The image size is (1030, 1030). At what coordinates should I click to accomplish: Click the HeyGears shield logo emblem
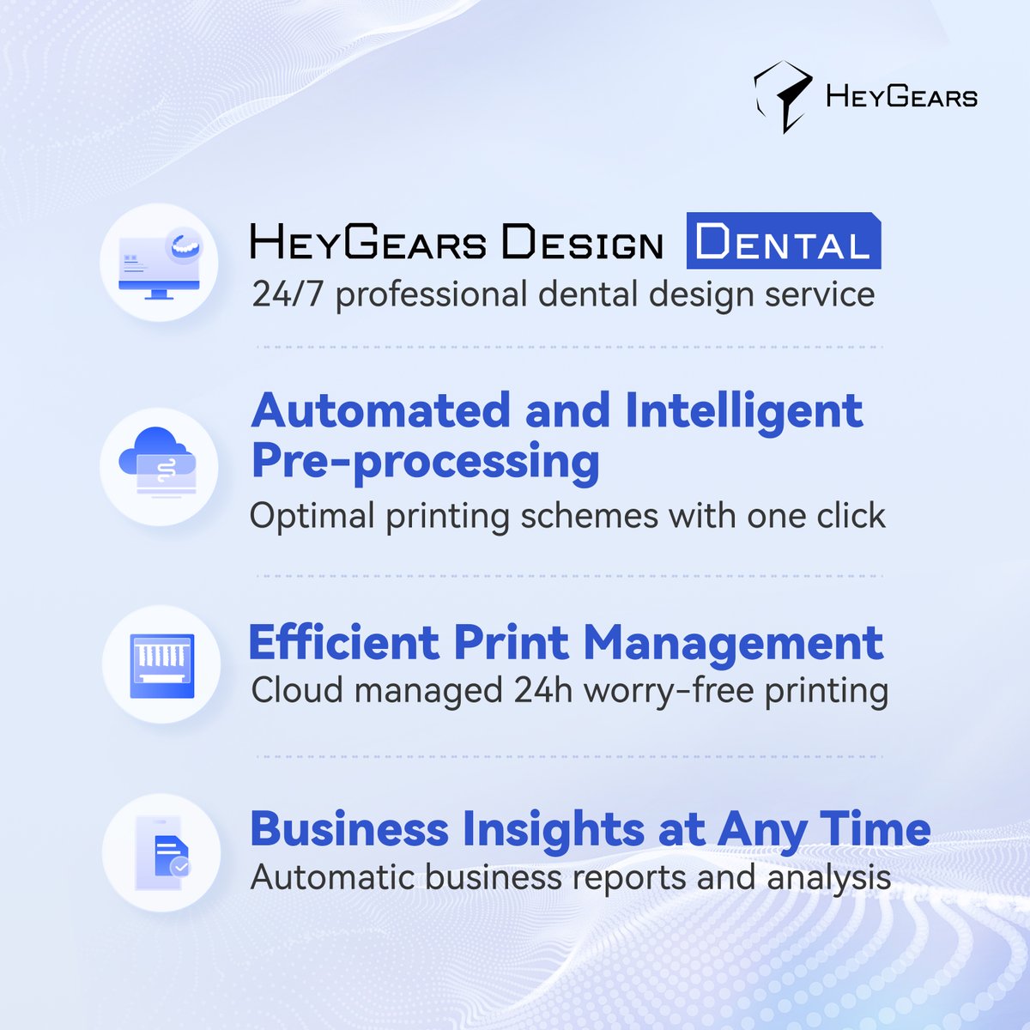click(x=782, y=97)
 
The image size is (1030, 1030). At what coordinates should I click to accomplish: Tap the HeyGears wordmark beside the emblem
click(x=901, y=97)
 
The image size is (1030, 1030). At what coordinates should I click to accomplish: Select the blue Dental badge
click(x=783, y=243)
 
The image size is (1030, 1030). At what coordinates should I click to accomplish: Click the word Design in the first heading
click(x=583, y=244)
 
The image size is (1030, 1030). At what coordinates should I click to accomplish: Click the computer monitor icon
click(x=160, y=264)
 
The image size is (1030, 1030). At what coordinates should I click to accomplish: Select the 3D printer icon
click(x=161, y=665)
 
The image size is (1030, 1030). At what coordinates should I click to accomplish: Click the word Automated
click(x=381, y=410)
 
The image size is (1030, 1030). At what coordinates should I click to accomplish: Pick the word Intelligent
click(x=743, y=412)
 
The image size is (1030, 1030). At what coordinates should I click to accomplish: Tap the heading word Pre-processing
click(x=425, y=462)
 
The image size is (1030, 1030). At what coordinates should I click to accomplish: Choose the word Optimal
click(x=312, y=517)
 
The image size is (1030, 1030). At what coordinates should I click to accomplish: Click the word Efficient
click(x=343, y=643)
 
